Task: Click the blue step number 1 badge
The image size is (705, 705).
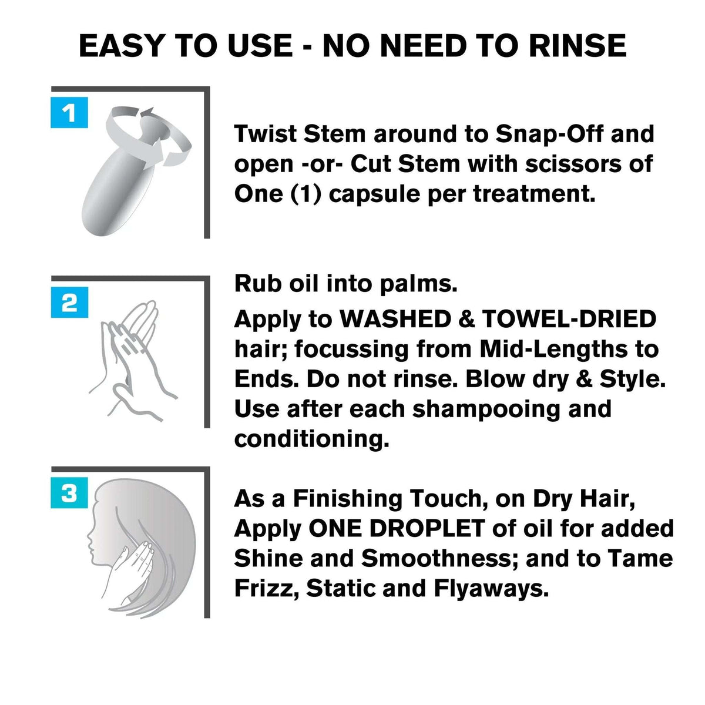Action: pos(69,113)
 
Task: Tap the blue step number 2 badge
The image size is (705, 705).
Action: pos(69,303)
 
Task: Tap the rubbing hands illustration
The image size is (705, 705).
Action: pos(132,352)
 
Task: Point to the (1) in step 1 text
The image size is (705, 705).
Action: pos(306,194)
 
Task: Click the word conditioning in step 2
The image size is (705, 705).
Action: pos(311,439)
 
